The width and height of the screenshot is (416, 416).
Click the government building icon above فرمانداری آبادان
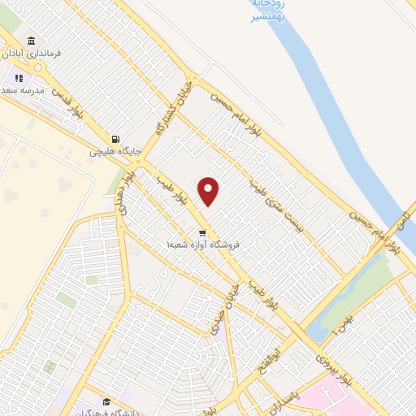click(x=31, y=41)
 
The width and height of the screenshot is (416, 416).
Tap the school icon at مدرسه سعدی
click(x=18, y=78)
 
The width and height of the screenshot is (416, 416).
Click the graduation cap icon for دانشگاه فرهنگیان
click(x=106, y=401)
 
